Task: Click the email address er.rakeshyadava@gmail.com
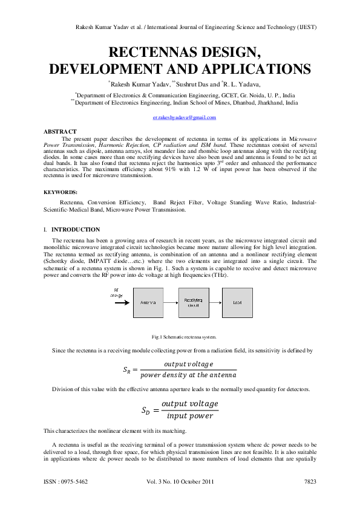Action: click(180, 118)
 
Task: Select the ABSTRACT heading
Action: click(60, 131)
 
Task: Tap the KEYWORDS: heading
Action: click(62, 192)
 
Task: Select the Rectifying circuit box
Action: click(193, 302)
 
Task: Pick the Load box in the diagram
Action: click(237, 302)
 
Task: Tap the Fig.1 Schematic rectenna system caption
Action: click(184, 336)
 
